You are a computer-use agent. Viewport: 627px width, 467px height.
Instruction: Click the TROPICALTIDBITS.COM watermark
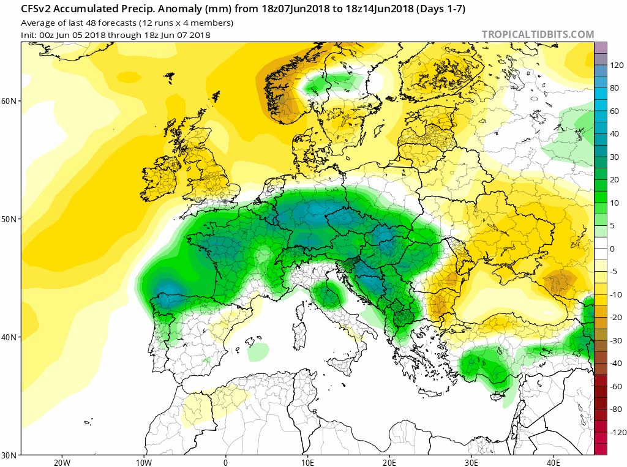click(538, 34)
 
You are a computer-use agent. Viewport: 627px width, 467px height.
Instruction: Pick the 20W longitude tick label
click(62, 462)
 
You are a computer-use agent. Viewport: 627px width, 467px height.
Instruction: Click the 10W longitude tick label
click(144, 462)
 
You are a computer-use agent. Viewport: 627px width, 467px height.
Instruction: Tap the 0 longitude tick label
click(226, 462)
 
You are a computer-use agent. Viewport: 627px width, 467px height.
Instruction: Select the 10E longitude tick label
click(308, 462)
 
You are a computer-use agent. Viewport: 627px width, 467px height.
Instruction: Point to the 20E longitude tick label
click(390, 462)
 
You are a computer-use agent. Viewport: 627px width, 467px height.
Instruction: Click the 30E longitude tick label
click(472, 462)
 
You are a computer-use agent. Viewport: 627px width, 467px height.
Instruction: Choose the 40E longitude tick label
click(554, 462)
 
